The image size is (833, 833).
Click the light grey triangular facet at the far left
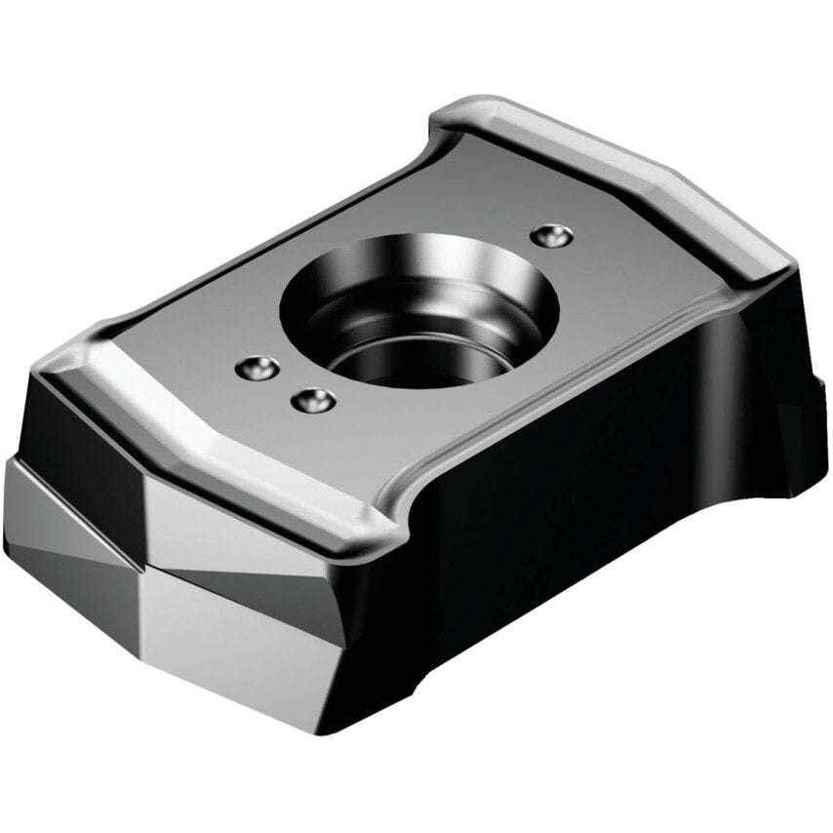click(49, 517)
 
